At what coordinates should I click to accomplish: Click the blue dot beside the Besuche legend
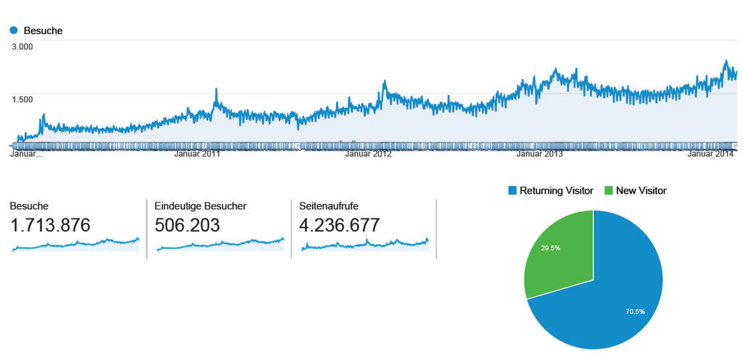click(14, 30)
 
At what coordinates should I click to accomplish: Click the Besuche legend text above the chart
click(43, 30)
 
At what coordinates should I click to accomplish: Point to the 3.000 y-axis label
click(22, 47)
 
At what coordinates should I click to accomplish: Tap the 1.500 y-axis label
click(22, 99)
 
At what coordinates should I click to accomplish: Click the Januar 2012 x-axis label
click(368, 154)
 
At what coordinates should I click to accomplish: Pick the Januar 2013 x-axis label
click(539, 154)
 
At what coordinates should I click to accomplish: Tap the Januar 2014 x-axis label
click(710, 154)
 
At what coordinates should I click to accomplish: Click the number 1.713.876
click(50, 225)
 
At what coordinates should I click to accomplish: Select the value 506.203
click(187, 225)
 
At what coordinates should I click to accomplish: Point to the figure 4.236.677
click(339, 225)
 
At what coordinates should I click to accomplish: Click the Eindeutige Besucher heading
click(200, 206)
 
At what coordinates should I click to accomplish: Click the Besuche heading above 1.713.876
click(29, 206)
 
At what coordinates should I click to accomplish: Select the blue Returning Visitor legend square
click(513, 191)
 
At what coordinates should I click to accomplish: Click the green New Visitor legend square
click(608, 191)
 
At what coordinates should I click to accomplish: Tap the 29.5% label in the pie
click(550, 247)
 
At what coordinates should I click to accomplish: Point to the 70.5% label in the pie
click(635, 311)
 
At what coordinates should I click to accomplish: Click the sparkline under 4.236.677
click(364, 245)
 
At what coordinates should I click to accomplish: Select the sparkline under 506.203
click(219, 245)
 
